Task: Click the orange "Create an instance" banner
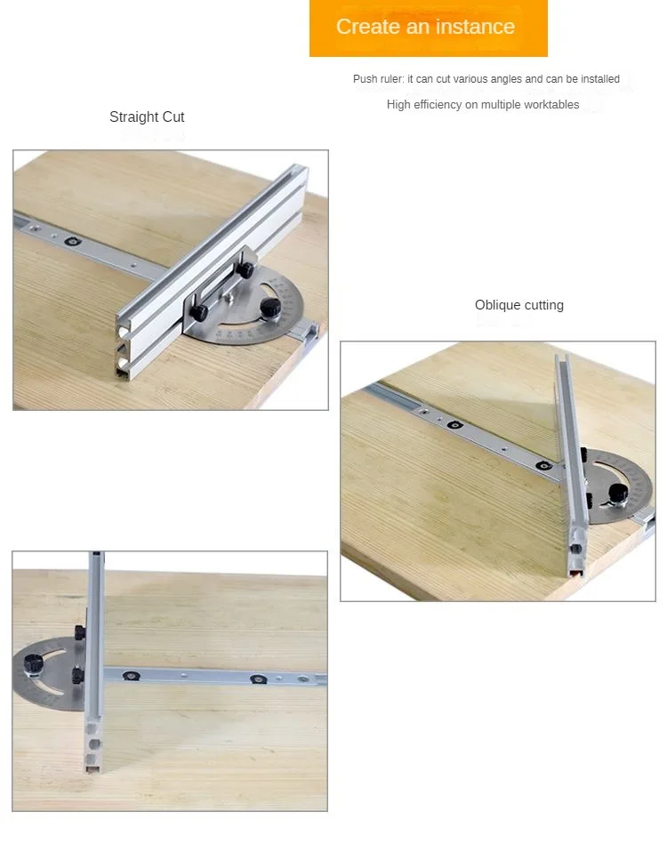pos(428,28)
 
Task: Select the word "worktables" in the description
pos(552,104)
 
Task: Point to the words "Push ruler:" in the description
pos(379,79)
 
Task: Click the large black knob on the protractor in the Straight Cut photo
pos(270,307)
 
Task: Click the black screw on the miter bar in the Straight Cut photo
pos(73,241)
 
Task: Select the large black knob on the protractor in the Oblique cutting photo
pos(618,492)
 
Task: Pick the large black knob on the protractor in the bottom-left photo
pos(34,663)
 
